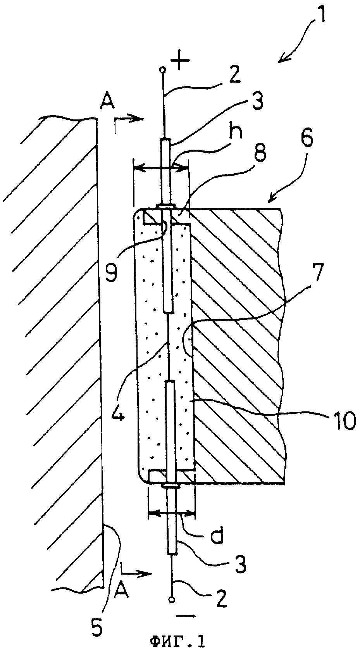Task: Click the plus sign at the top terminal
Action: [180, 60]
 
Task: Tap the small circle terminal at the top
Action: [163, 70]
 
